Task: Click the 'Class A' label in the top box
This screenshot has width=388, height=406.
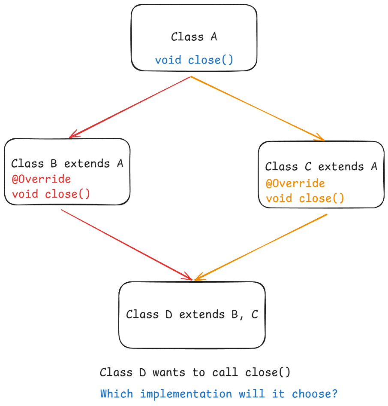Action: coord(194,37)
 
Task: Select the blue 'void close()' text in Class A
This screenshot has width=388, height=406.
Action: coord(194,60)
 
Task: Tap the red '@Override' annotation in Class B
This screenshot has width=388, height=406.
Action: coord(41,179)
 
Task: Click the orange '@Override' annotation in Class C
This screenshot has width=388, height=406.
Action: coord(295,183)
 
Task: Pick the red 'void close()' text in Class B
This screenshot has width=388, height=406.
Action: coord(51,194)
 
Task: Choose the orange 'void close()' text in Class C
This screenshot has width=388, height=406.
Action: coord(305,198)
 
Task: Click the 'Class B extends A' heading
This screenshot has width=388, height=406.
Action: coord(67,164)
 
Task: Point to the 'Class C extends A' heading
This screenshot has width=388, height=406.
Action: coord(321,167)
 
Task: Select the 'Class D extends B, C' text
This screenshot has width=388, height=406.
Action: coord(192,314)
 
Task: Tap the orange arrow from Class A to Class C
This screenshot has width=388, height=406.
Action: coord(257,108)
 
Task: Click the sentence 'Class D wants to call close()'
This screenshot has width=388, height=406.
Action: coord(195,372)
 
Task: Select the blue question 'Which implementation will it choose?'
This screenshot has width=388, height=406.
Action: coord(219,394)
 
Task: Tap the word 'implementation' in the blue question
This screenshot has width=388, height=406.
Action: coord(186,394)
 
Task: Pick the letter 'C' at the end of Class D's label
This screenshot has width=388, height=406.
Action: coord(255,314)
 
